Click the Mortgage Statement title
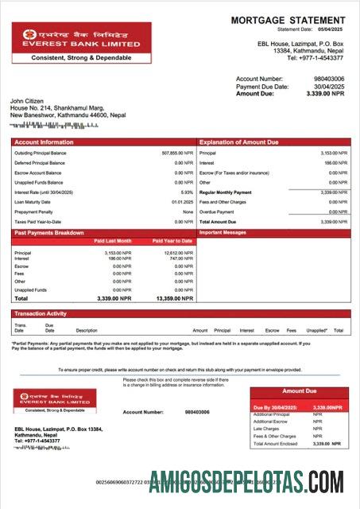point(288,20)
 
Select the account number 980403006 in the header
point(330,80)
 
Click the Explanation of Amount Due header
point(238,142)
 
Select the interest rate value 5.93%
point(187,192)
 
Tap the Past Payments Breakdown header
point(48,233)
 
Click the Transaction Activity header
point(41,314)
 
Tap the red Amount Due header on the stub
point(300,391)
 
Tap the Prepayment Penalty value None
point(188,212)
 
